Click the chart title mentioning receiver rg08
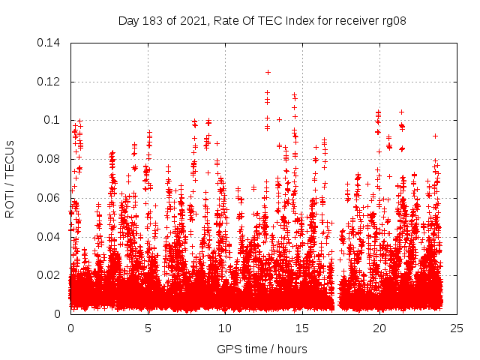262,20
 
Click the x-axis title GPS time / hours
262,349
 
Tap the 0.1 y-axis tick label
52,120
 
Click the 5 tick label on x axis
148,328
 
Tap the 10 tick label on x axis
225,328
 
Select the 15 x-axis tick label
302,328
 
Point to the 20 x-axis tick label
379,328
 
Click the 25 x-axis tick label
457,328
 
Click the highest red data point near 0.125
268,72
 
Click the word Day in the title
129,20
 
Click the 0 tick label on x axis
70,328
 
